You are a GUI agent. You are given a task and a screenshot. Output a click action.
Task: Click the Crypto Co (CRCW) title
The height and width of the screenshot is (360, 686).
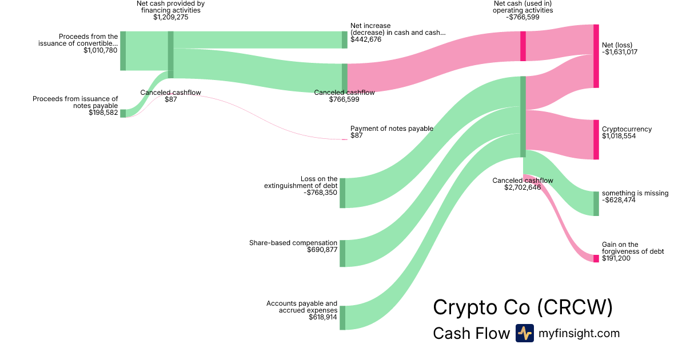[523, 307]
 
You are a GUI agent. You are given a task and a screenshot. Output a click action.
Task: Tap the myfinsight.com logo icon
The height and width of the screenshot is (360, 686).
[524, 333]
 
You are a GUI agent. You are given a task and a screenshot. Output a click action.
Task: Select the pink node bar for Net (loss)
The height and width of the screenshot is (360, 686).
[596, 56]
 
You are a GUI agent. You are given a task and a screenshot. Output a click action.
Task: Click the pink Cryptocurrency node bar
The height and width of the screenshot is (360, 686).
[596, 139]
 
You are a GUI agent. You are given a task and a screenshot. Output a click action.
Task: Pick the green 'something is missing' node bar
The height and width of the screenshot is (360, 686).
[596, 203]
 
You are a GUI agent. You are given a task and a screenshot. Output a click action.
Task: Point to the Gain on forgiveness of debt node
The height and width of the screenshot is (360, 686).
[596, 258]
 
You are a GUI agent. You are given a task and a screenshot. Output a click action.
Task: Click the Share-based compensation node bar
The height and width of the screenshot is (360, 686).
[342, 253]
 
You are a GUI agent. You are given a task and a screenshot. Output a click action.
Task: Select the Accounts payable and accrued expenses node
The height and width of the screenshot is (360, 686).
[342, 318]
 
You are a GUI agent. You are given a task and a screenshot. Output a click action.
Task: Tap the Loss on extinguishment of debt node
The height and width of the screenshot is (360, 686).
[342, 193]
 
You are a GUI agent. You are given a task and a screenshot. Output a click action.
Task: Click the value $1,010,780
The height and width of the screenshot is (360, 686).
[100, 50]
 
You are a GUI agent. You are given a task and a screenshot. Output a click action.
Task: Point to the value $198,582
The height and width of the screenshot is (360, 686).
[103, 113]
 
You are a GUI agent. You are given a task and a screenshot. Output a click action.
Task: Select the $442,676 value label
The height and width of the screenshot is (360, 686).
[366, 39]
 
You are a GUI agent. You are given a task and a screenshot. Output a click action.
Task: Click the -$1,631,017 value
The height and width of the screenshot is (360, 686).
[620, 52]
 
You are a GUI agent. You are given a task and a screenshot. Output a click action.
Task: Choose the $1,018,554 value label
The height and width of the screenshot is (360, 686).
[619, 137]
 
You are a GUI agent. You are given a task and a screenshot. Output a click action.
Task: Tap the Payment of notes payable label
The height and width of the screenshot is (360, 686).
[392, 129]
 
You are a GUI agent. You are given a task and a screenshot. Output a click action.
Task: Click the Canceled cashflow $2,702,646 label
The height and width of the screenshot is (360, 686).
[523, 184]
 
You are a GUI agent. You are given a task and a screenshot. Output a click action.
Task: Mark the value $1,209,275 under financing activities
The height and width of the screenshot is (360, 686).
[170, 18]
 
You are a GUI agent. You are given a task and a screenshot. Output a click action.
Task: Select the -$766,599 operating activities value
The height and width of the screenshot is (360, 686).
[523, 18]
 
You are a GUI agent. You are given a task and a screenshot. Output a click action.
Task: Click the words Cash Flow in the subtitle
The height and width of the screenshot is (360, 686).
[471, 333]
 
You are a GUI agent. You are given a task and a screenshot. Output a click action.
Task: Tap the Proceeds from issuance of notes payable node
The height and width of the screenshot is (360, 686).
[123, 113]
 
